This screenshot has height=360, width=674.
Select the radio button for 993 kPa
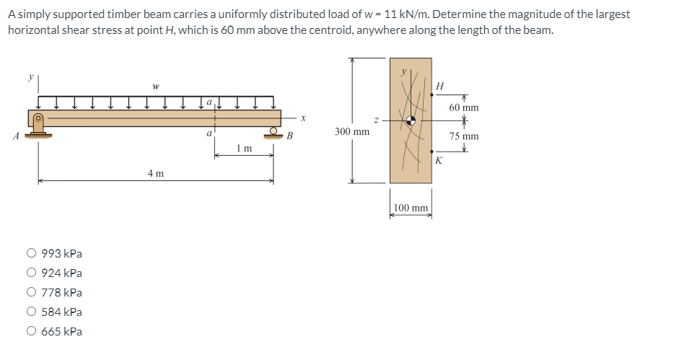pyautogui.click(x=32, y=254)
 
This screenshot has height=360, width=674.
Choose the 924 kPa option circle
pyautogui.click(x=32, y=273)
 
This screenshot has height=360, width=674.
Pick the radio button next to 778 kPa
pyautogui.click(x=32, y=293)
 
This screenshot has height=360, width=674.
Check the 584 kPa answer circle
pyautogui.click(x=32, y=312)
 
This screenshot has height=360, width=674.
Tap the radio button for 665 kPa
pyautogui.click(x=32, y=332)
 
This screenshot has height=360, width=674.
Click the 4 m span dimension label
pyautogui.click(x=155, y=173)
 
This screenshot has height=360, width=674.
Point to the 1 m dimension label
pyautogui.click(x=245, y=148)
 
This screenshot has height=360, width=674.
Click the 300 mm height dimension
pyautogui.click(x=352, y=132)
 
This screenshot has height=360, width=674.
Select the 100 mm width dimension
pyautogui.click(x=411, y=208)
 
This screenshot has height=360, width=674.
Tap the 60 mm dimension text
pyautogui.click(x=463, y=107)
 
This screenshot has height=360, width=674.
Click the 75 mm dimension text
pyautogui.click(x=463, y=136)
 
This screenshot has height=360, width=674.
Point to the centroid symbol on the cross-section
pyautogui.click(x=411, y=120)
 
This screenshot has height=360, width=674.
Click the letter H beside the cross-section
pyautogui.click(x=441, y=87)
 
